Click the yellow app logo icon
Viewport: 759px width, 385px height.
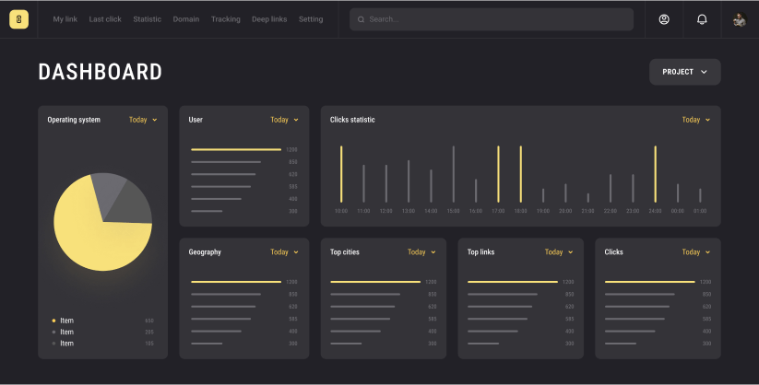click(19, 19)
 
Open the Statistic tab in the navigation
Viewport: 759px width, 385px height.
click(147, 19)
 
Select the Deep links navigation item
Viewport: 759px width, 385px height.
click(269, 19)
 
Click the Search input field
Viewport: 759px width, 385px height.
click(491, 19)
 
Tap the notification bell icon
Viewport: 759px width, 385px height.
click(702, 19)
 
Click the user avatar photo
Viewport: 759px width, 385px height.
click(739, 19)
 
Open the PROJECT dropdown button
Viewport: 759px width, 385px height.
click(684, 72)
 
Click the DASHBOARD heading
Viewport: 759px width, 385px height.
click(100, 72)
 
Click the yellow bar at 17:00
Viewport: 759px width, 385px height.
click(498, 174)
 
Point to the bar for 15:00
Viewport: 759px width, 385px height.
click(453, 174)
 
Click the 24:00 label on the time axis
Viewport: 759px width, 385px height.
click(655, 211)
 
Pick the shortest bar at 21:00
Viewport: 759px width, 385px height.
click(587, 197)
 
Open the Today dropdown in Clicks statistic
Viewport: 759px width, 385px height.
click(696, 120)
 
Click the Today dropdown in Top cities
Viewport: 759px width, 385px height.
click(421, 252)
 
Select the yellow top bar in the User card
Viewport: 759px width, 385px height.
click(235, 149)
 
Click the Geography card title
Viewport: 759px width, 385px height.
click(205, 252)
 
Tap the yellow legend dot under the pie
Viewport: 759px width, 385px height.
click(53, 321)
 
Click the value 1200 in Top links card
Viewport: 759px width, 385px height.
click(568, 282)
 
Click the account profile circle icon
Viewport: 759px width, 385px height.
click(664, 19)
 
